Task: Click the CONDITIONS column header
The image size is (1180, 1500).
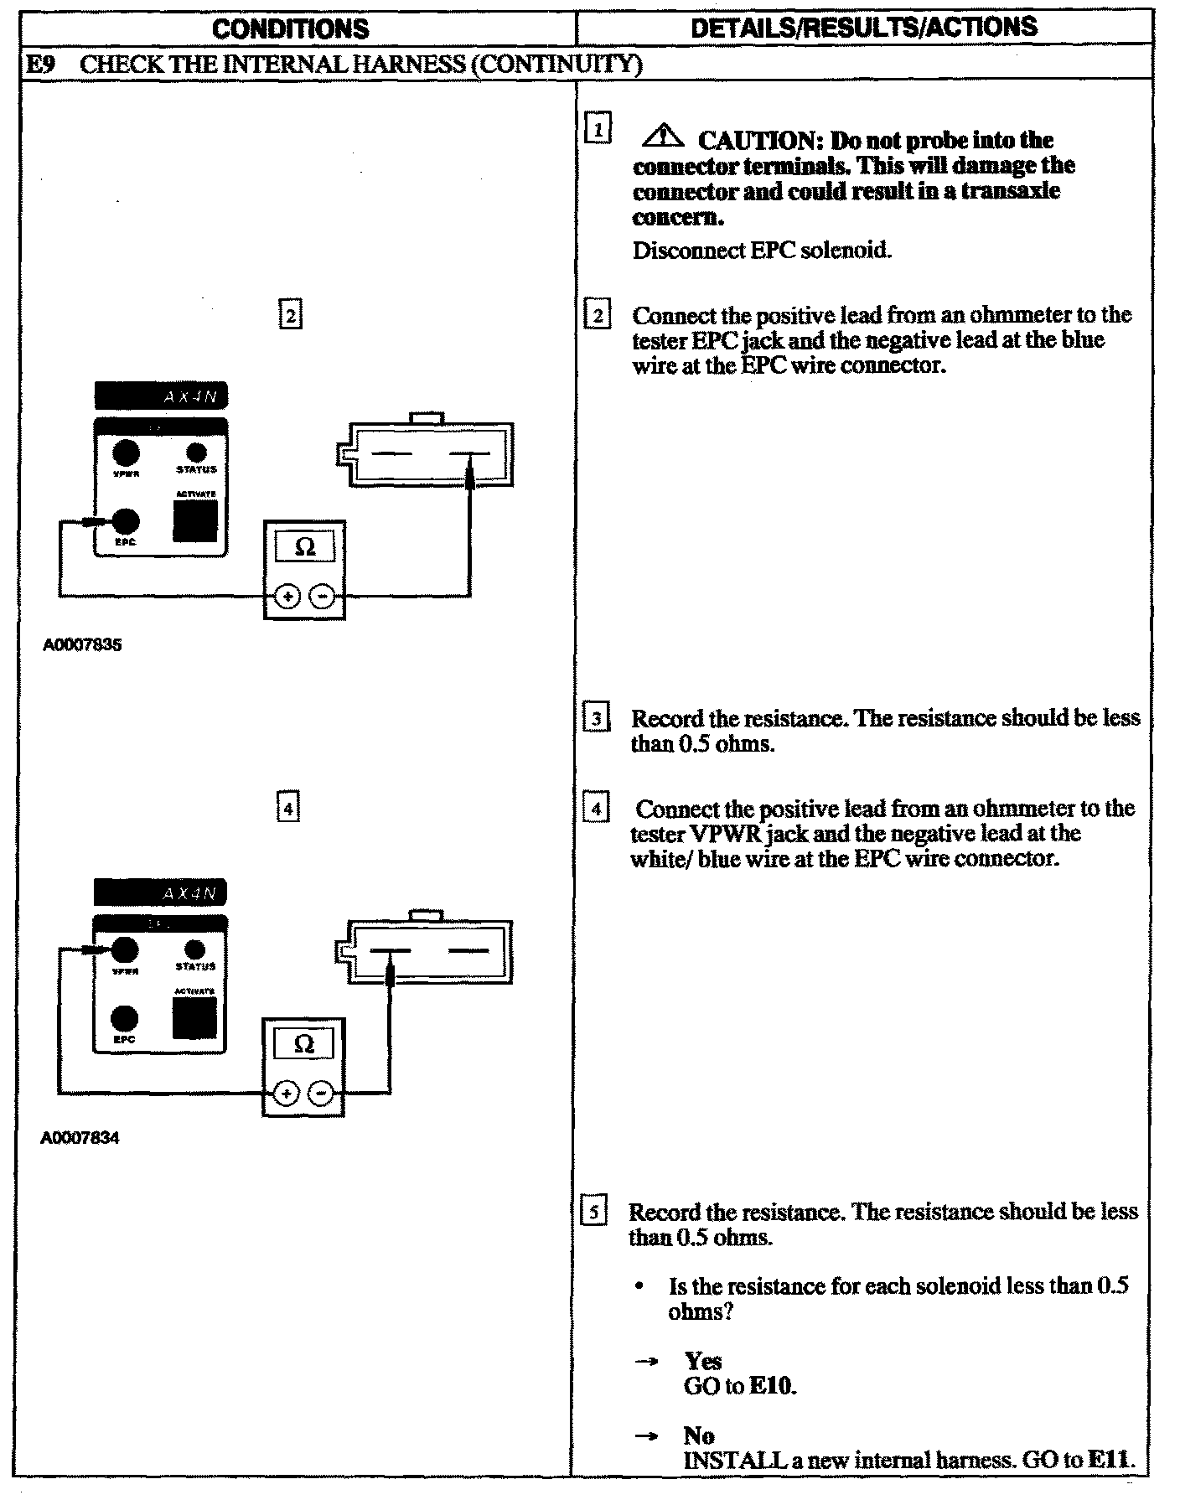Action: pos(290,29)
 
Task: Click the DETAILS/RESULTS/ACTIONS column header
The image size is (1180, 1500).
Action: pos(863,28)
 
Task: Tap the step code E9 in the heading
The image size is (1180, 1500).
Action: pos(39,65)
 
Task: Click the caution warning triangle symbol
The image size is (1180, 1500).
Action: pos(666,134)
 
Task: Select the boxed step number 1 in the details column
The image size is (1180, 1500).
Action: pos(598,129)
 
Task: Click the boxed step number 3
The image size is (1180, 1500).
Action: pos(596,719)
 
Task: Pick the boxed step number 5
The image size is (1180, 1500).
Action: pos(593,1213)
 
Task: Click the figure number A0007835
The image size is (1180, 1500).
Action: pos(82,645)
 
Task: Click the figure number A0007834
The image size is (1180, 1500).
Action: pos(80,1139)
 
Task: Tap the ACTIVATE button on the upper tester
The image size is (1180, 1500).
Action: pos(195,520)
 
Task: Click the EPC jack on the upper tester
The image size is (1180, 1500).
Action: pos(126,521)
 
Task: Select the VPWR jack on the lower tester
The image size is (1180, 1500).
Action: pos(125,949)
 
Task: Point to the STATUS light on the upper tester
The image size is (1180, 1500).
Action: pos(196,453)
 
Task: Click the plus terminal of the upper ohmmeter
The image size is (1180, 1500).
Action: pos(287,597)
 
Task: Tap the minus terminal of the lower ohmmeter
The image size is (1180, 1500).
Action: pos(321,1094)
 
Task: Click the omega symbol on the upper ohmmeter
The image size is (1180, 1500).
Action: pos(305,547)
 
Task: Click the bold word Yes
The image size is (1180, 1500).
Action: pos(703,1361)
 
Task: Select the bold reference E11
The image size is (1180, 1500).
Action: pos(1110,1461)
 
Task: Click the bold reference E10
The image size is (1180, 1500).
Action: pos(771,1386)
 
